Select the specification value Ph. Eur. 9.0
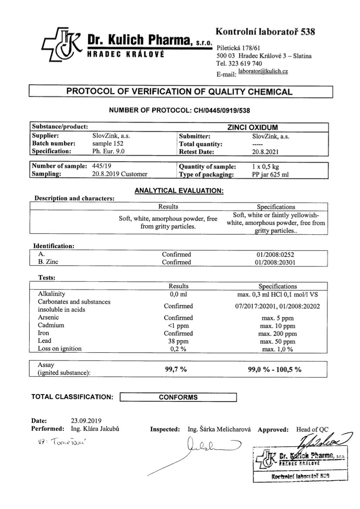coord(109,152)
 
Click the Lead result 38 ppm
coord(178,341)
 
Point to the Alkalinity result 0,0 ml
coord(178,294)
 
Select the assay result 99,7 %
coord(176,369)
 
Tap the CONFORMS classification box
coord(178,397)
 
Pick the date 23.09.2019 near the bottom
coord(86,421)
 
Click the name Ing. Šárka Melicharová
coord(219,429)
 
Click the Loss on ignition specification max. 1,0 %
coord(277,349)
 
